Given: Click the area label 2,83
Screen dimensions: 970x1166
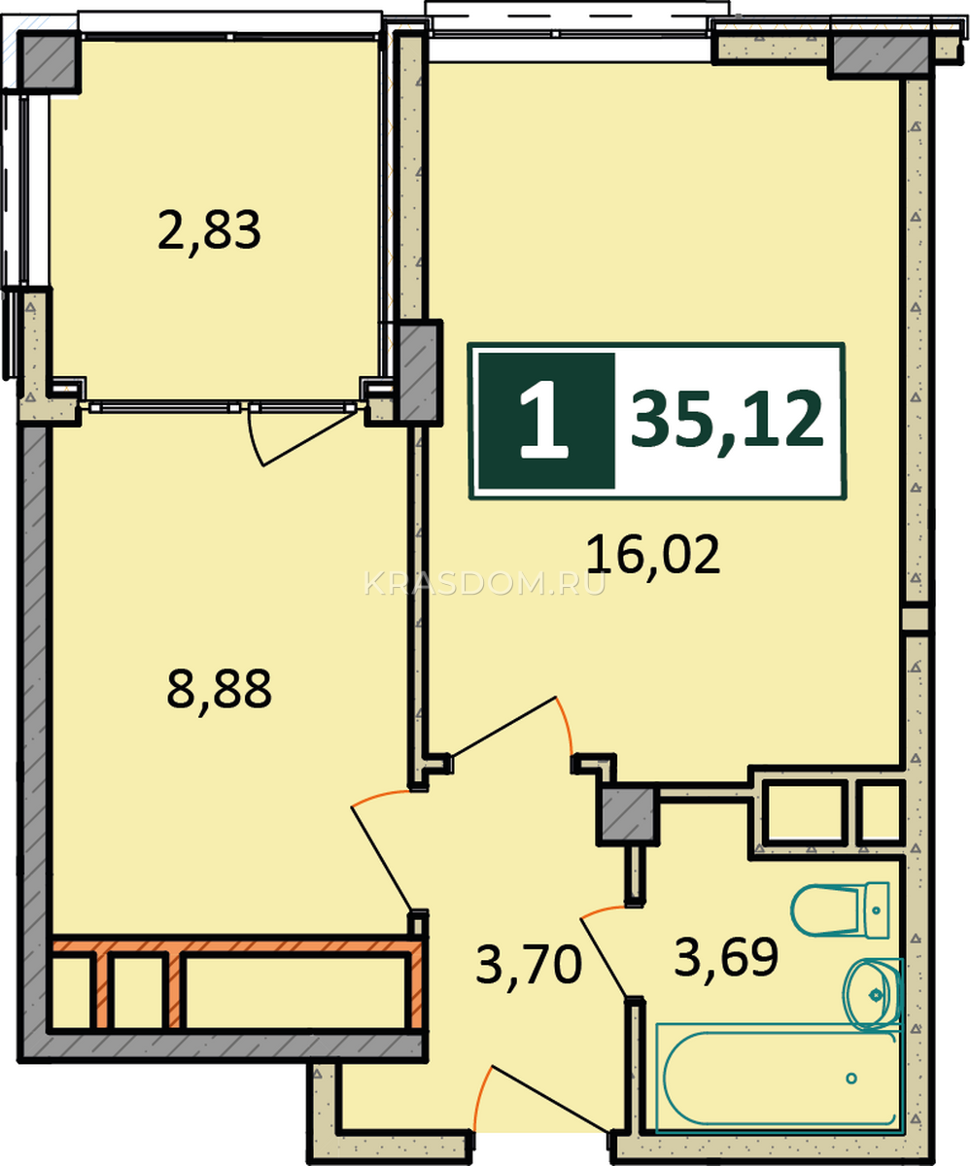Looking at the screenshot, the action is coord(209,230).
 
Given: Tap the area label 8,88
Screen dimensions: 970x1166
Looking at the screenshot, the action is coord(219,689).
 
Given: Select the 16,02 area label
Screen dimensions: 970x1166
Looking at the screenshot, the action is coord(653,555).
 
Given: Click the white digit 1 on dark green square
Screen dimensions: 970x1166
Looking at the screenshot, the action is coord(543,420).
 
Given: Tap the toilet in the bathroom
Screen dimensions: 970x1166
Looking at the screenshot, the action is coord(839,909).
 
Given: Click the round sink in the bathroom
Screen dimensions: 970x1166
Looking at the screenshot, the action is coord(872,995).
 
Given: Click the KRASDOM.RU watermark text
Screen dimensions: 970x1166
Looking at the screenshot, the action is coord(485,584).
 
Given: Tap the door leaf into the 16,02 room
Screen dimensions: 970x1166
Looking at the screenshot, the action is coord(502,727).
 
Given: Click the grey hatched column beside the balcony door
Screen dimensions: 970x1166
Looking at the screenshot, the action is coord(419,372).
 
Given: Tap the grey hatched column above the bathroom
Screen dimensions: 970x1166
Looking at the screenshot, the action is coord(628,816).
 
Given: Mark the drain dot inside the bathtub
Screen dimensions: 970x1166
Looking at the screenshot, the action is coord(851,1079).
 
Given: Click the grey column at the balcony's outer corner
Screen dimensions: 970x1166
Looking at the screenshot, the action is coord(50,61).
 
